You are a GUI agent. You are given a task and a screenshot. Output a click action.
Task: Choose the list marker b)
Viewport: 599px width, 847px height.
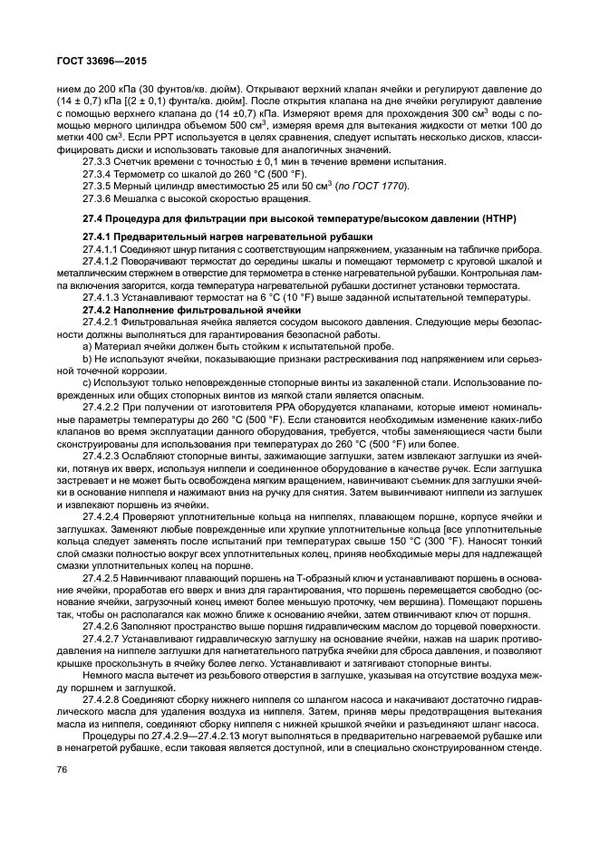pyautogui.click(x=87, y=359)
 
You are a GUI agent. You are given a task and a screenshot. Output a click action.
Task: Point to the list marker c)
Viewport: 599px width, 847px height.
pyautogui.click(x=87, y=383)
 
